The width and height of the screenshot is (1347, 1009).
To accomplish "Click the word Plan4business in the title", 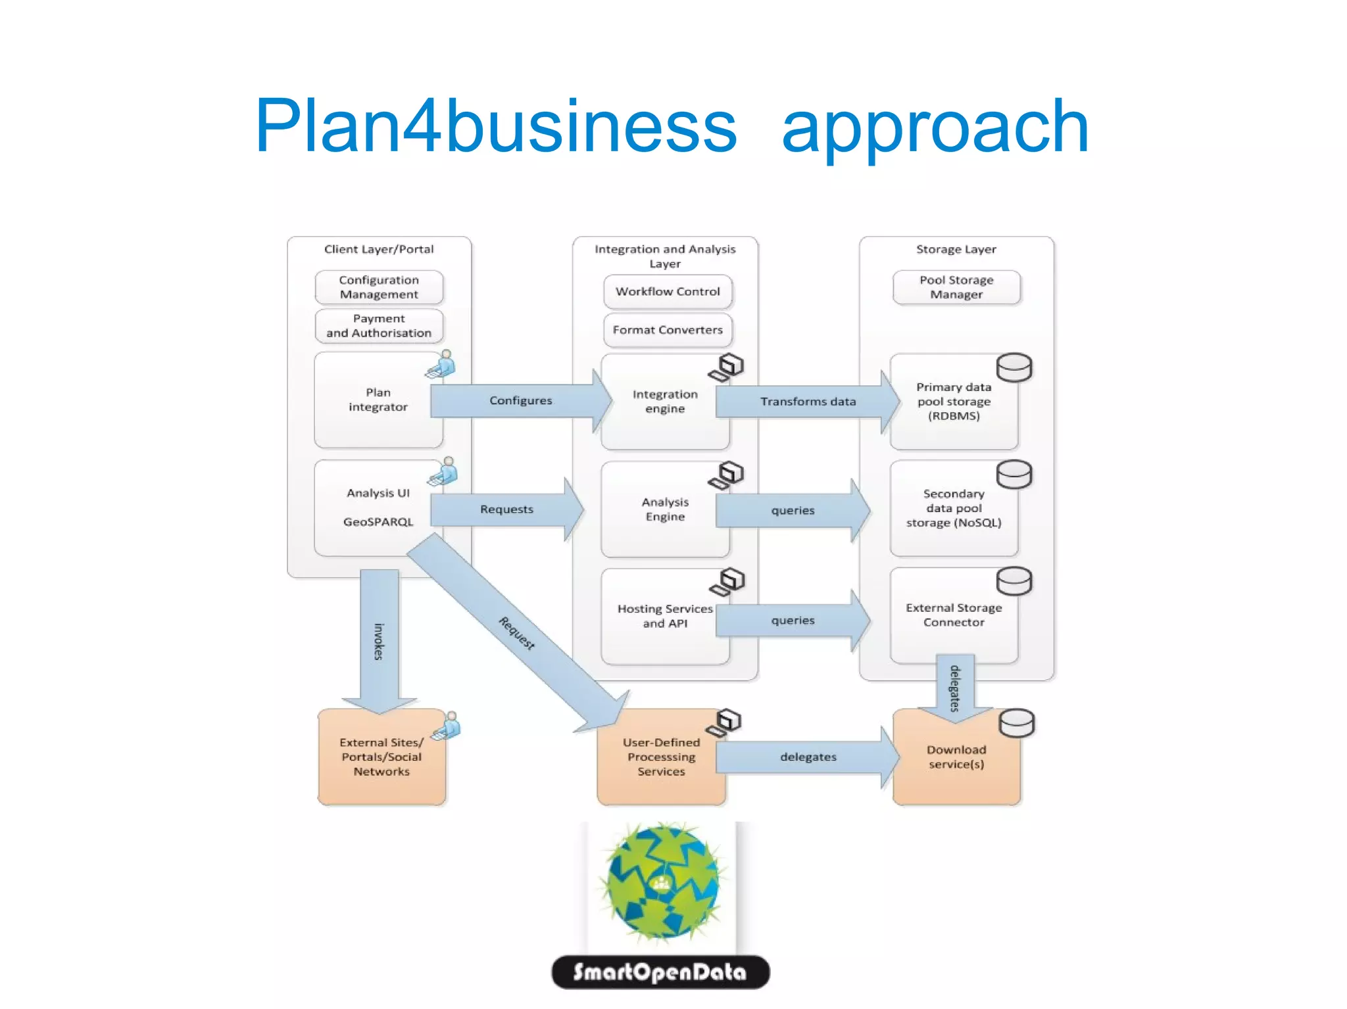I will point(496,126).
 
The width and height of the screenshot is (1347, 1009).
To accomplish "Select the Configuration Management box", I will point(379,287).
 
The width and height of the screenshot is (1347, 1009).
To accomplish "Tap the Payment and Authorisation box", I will point(379,326).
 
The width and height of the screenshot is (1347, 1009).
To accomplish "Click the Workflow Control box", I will point(668,292).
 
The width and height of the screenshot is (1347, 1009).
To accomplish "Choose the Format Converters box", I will point(668,330).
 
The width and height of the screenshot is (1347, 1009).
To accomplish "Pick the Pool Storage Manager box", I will point(956,287).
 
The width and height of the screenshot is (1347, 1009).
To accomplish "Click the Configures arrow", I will point(520,400).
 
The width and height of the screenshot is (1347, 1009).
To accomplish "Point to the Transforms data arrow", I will point(808,402).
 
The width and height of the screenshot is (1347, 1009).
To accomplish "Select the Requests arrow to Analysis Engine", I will point(506,509).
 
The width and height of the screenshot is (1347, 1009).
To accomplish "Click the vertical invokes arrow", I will point(380,641).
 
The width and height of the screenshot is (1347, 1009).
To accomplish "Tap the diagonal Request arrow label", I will point(517,633).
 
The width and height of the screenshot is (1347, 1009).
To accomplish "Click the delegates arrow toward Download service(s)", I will point(808,757).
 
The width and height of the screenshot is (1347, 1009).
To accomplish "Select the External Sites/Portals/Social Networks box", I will point(381,757).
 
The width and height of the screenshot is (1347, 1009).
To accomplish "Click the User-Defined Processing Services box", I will point(661,757).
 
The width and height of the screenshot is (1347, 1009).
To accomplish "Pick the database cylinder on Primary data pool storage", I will point(1014,367).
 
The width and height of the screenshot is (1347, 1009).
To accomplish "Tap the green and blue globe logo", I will point(662,881).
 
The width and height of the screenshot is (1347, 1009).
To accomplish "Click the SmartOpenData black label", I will point(660,972).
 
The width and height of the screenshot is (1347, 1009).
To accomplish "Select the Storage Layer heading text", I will point(956,250).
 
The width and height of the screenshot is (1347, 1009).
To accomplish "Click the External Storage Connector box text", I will point(954,615).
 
